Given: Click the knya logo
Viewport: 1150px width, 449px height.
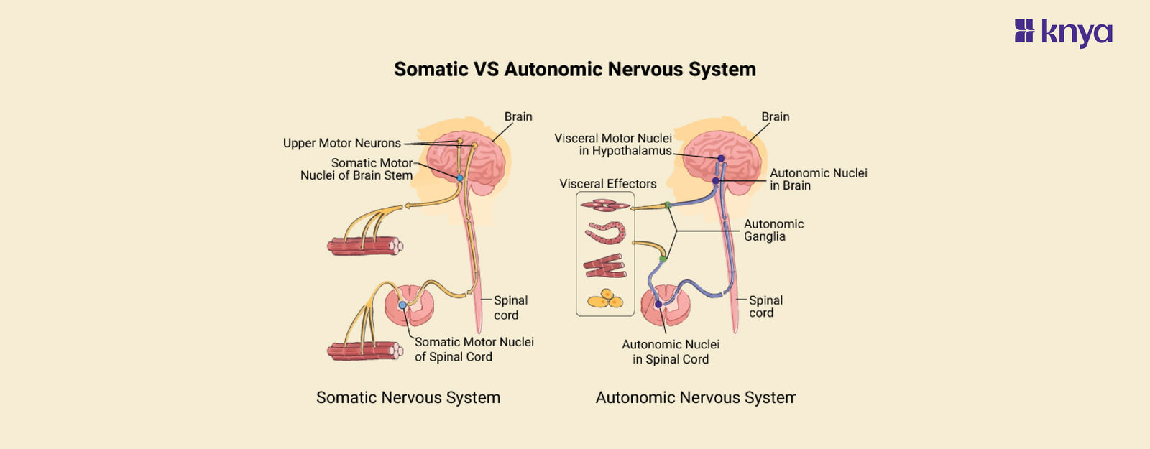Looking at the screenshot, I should (x=1063, y=32).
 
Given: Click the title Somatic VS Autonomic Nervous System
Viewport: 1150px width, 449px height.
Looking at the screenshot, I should (x=574, y=69).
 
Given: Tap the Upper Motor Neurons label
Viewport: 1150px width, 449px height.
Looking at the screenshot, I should (x=341, y=143).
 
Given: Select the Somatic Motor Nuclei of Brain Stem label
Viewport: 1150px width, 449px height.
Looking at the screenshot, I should (x=357, y=170).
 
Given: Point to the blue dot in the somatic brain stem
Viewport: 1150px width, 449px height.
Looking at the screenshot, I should (x=460, y=177).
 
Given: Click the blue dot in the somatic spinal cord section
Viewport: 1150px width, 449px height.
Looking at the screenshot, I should (x=402, y=305).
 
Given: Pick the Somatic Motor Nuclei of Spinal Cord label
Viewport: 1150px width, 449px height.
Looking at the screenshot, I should (x=474, y=349).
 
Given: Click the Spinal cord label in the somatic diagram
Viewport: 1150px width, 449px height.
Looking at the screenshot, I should (x=510, y=307).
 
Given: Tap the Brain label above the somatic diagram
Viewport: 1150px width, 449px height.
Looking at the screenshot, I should (x=517, y=116).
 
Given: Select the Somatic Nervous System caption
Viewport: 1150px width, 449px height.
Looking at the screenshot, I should (x=408, y=397).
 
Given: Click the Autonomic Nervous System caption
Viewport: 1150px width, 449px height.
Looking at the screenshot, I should (x=695, y=397).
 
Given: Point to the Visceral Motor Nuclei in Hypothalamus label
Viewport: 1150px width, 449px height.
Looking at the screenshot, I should (x=613, y=144).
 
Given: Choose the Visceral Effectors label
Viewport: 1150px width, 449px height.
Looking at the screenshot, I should (x=607, y=184).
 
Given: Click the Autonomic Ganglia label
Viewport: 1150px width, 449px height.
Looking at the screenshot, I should (x=773, y=230).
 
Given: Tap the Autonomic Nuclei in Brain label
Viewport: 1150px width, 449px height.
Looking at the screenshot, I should (x=818, y=179).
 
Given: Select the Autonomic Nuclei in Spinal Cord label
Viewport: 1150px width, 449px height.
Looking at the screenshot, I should (x=671, y=352).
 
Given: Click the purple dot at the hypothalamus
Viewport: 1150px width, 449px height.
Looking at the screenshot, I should (x=721, y=158).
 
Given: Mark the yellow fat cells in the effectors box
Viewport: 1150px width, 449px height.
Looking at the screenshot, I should (x=605, y=299).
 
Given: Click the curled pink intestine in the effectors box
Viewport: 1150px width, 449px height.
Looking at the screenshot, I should (x=606, y=233).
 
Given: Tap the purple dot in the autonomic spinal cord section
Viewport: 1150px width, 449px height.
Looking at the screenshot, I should (x=658, y=305).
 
